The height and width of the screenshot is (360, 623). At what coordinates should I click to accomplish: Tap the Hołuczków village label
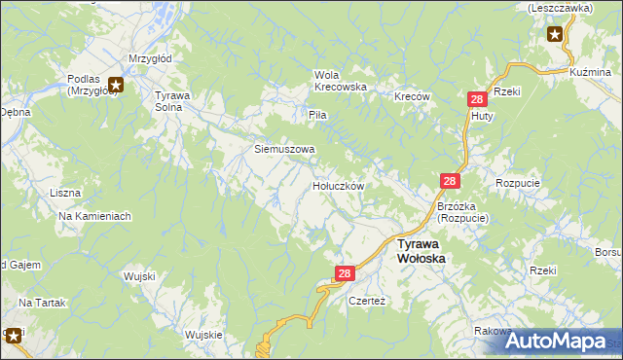[338, 185]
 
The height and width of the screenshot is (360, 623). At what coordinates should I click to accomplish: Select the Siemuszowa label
[284, 149]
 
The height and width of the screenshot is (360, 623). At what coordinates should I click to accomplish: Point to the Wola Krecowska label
[340, 81]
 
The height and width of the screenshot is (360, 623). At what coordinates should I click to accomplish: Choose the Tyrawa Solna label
[175, 101]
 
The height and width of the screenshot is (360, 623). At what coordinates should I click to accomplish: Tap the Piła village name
[316, 115]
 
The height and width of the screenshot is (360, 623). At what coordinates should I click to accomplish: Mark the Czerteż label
[367, 301]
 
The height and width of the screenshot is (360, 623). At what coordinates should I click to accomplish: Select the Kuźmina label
[589, 73]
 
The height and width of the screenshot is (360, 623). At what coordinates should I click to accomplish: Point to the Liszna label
[65, 193]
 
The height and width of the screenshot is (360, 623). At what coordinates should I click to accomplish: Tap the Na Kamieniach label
[94, 216]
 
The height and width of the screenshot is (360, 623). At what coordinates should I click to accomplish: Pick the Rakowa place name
[494, 331]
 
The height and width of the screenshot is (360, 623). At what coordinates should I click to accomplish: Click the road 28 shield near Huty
[477, 99]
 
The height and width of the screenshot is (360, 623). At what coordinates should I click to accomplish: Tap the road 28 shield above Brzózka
[450, 181]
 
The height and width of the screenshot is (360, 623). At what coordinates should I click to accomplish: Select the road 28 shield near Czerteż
[345, 275]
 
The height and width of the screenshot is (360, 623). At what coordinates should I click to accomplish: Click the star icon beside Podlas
[116, 85]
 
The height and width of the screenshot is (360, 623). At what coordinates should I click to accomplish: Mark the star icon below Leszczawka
[555, 35]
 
